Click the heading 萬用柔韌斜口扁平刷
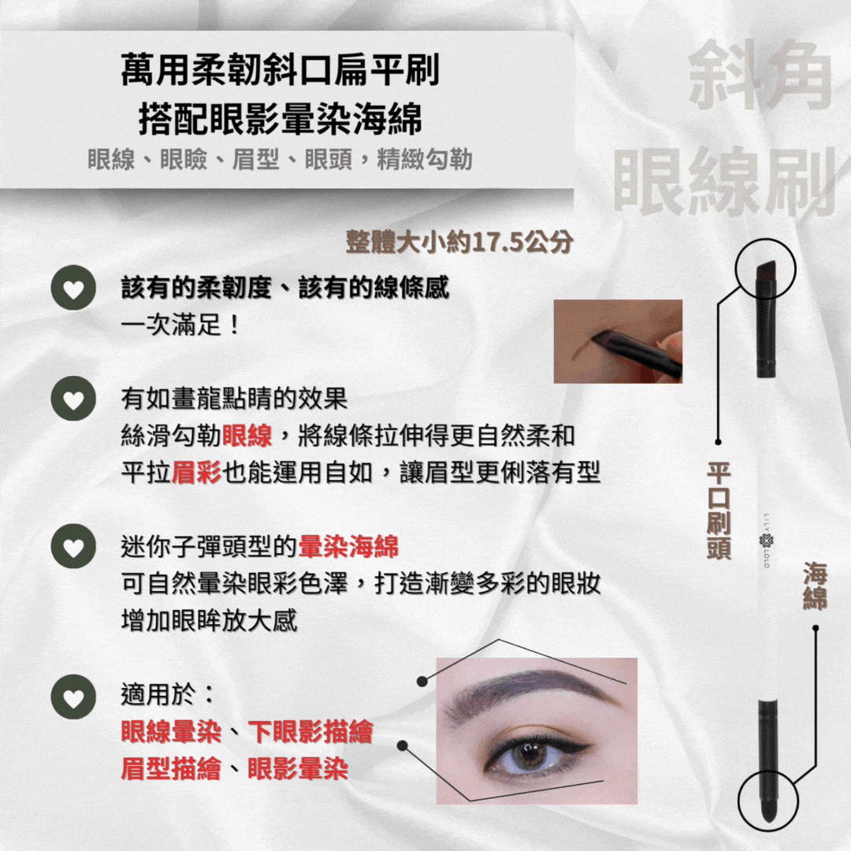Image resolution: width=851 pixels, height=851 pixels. pos(280,69)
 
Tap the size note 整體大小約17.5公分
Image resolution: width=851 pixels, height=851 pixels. pos(459,242)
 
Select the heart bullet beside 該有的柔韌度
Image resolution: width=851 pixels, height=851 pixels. pos(73,288)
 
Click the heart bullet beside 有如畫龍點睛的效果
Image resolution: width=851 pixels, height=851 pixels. pos(73,399)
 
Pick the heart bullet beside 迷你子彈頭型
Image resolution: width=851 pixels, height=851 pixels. pos(73,546)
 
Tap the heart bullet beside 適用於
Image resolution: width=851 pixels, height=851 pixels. pos(73,697)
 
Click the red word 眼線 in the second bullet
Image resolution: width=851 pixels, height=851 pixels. pos(247,436)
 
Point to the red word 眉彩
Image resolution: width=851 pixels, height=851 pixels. pos(196,473)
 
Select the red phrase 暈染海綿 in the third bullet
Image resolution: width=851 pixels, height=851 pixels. pos(348,546)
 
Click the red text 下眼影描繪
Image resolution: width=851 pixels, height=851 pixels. pos(310,731)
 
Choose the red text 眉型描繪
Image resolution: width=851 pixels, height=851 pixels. pos(170,768)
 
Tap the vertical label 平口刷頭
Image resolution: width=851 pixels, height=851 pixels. pos(719,511)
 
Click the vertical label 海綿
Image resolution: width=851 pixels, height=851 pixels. pos(815,586)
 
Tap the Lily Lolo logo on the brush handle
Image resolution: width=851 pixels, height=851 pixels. pos(767,541)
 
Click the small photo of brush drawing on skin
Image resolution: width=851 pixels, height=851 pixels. pos(618,341)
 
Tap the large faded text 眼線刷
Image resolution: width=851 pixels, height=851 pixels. pos(725,182)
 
